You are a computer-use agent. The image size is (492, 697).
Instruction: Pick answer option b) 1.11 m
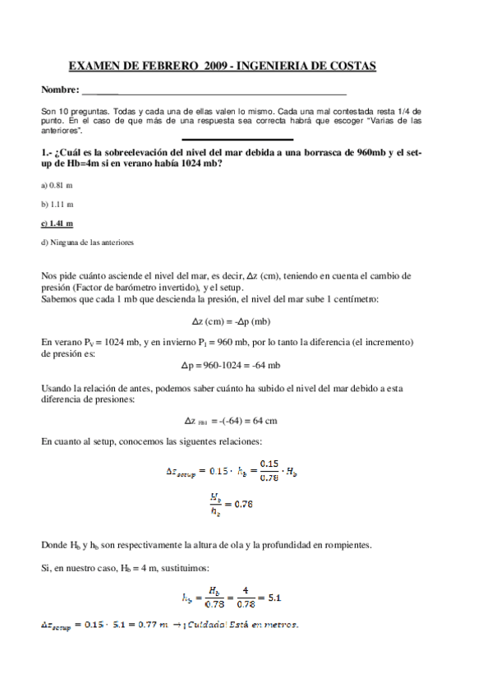click(57, 204)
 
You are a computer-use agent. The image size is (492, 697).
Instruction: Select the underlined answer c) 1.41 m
click(57, 223)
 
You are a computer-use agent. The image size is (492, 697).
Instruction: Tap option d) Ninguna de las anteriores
click(87, 242)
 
